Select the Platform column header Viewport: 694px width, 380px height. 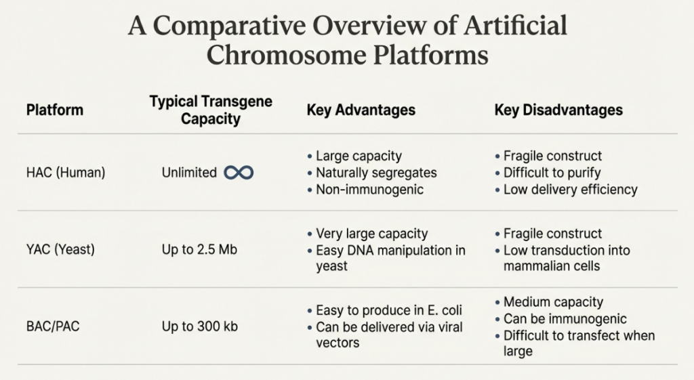(x=54, y=110)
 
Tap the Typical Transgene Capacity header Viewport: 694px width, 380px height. (x=211, y=110)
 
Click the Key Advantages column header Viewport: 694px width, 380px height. (x=361, y=110)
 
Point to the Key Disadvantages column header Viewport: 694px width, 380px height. (x=558, y=110)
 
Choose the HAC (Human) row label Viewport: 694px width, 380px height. (x=66, y=173)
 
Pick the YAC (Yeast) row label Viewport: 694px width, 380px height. (x=60, y=249)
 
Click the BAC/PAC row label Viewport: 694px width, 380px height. (x=53, y=326)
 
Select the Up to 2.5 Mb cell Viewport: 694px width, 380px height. (x=199, y=249)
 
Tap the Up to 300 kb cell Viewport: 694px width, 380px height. (x=200, y=326)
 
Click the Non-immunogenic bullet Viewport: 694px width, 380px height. (x=365, y=190)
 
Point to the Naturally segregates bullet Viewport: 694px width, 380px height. (x=372, y=173)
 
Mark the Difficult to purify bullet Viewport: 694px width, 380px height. (x=548, y=173)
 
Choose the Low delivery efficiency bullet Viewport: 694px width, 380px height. (x=567, y=190)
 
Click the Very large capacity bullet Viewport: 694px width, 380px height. (x=368, y=234)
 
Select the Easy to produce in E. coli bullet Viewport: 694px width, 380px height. (x=385, y=310)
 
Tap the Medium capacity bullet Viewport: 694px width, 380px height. (x=549, y=301)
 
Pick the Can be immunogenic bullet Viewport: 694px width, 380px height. (x=560, y=318)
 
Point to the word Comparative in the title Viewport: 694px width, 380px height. (x=229, y=25)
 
